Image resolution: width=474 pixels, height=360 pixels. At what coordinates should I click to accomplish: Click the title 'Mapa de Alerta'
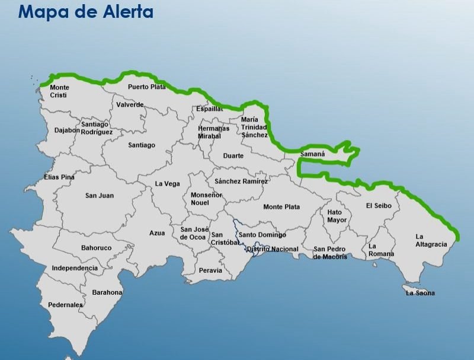(x=86, y=11)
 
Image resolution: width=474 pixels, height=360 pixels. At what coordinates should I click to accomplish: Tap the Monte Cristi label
(x=59, y=91)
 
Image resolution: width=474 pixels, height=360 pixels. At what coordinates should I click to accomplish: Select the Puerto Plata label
(x=147, y=87)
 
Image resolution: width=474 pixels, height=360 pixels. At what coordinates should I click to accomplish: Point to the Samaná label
(x=312, y=154)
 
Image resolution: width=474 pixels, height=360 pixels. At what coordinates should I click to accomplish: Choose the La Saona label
(x=420, y=293)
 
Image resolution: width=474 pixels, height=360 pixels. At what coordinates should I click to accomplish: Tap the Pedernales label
(x=65, y=305)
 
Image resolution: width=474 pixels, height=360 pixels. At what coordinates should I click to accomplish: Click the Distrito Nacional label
(x=272, y=249)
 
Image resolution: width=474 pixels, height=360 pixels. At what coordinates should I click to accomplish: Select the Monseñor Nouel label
(x=206, y=199)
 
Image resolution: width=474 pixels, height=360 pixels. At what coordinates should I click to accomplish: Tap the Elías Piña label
(x=59, y=177)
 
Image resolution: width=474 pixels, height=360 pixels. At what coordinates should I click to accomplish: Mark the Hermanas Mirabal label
(x=213, y=132)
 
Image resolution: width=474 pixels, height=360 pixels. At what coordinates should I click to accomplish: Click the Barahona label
(x=107, y=292)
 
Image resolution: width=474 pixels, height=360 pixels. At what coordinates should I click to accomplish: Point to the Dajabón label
(x=67, y=130)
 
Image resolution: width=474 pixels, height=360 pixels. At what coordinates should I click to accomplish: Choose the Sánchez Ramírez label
(x=241, y=181)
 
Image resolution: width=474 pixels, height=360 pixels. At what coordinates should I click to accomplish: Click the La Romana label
(x=381, y=250)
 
